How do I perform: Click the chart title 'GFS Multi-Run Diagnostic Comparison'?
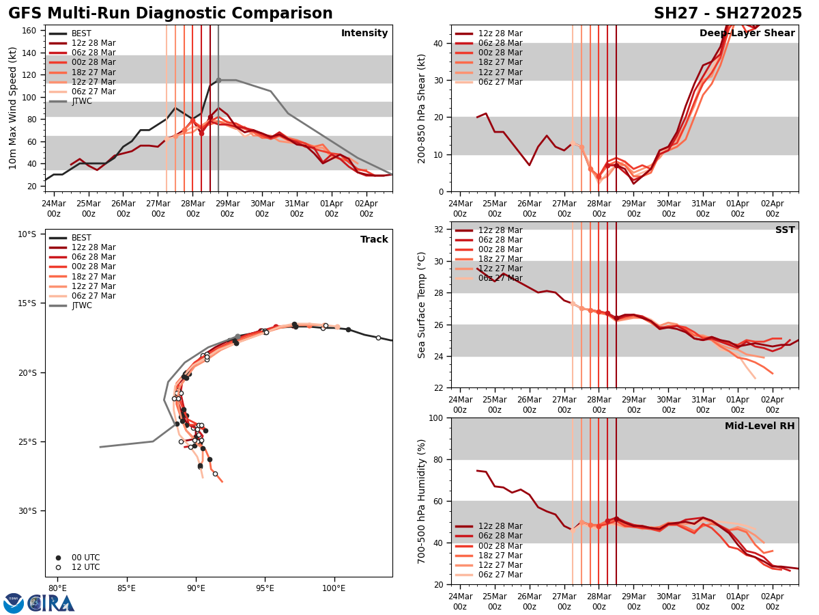pyautogui.click(x=171, y=14)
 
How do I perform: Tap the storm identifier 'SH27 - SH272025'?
pyautogui.click(x=728, y=14)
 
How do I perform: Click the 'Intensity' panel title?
pyautogui.click(x=364, y=33)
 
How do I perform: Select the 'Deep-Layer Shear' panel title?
pyautogui.click(x=747, y=33)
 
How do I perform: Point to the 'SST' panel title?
pyautogui.click(x=785, y=230)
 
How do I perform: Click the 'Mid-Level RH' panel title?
pyautogui.click(x=760, y=426)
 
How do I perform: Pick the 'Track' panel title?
pyautogui.click(x=374, y=240)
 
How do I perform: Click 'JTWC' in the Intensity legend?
pyautogui.click(x=81, y=101)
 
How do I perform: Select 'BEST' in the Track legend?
pyautogui.click(x=81, y=238)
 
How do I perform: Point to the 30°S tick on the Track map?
pyautogui.click(x=27, y=511)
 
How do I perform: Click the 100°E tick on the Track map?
pyautogui.click(x=334, y=588)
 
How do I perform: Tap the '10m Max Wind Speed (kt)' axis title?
pyautogui.click(x=13, y=108)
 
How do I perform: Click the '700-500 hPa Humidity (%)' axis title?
pyautogui.click(x=422, y=501)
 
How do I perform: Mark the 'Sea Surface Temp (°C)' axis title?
pyautogui.click(x=422, y=305)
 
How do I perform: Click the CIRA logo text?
pyautogui.click(x=51, y=603)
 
